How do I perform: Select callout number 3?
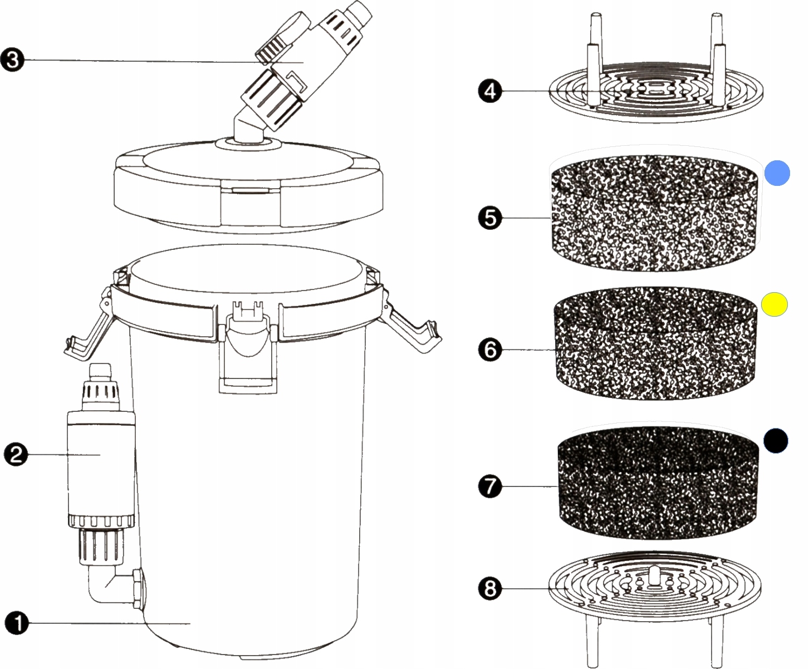tap(13, 59)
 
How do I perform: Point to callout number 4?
tap(489, 91)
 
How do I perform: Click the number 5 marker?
tap(489, 218)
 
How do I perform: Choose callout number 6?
tap(489, 350)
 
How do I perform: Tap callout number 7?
tap(489, 486)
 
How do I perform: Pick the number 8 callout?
tap(489, 588)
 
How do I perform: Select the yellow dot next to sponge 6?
tap(774, 304)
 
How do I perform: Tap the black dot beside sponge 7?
tap(776, 440)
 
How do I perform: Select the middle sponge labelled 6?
tap(657, 348)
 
